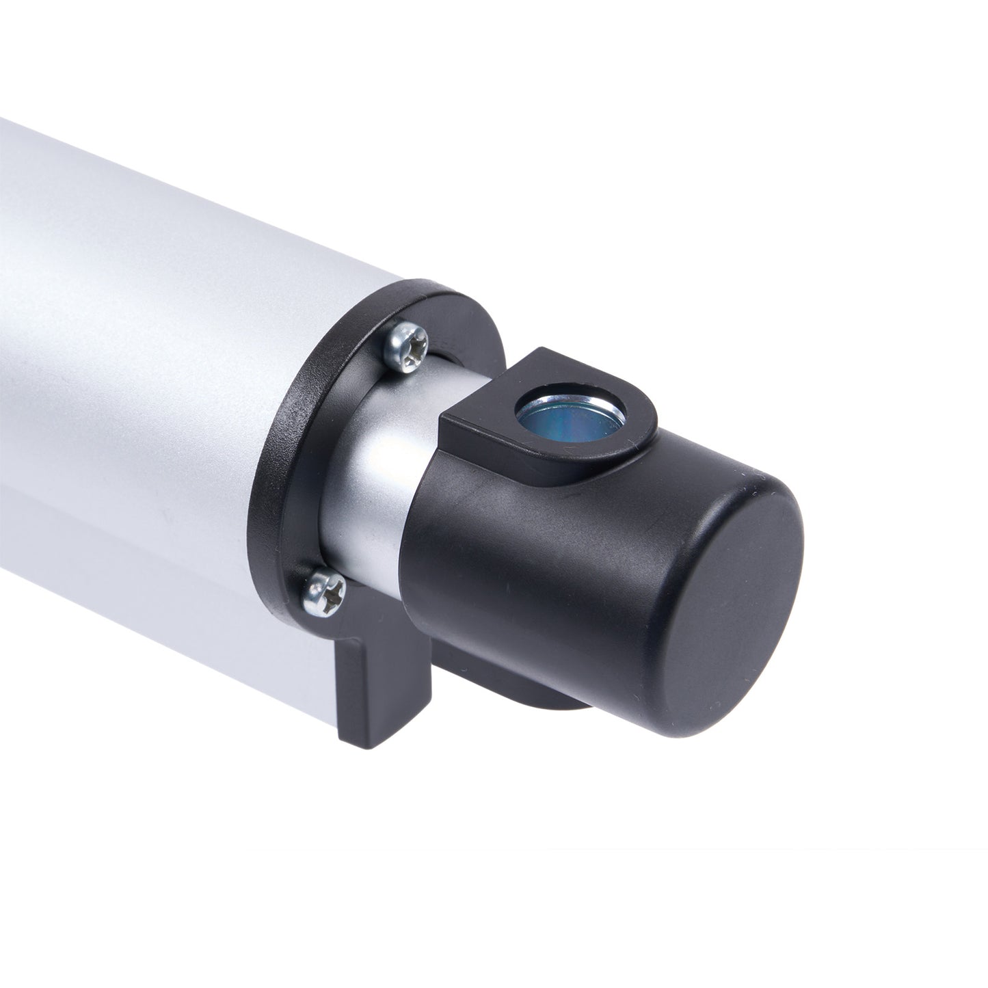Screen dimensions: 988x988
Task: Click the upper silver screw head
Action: tap(405, 347)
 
